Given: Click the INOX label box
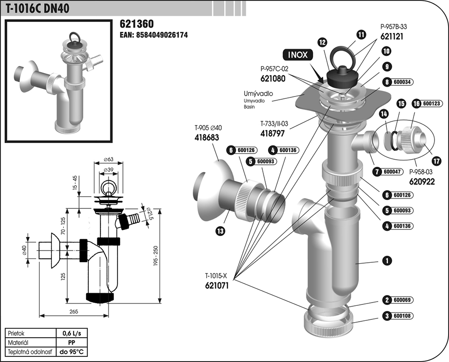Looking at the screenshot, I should pyautogui.click(x=297, y=55).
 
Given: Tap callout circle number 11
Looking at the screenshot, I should pyautogui.click(x=361, y=34).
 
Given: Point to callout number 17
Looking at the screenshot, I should pyautogui.click(x=436, y=161).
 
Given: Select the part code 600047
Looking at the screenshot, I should pyautogui.click(x=392, y=172).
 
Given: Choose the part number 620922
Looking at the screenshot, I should pyautogui.click(x=422, y=181).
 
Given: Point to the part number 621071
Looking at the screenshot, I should pyautogui.click(x=217, y=284).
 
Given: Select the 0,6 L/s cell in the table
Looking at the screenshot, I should pyautogui.click(x=72, y=333).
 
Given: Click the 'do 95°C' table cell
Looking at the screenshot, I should pyautogui.click(x=72, y=351).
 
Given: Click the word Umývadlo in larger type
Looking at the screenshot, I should pyautogui.click(x=258, y=94).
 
